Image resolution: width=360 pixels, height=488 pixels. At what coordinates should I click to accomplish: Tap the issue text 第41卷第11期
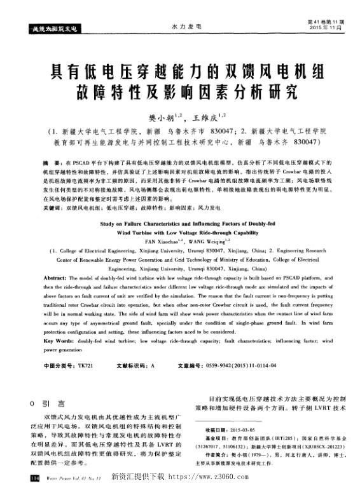[x=325, y=21]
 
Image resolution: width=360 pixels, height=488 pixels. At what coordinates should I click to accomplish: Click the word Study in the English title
[x=111, y=224]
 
